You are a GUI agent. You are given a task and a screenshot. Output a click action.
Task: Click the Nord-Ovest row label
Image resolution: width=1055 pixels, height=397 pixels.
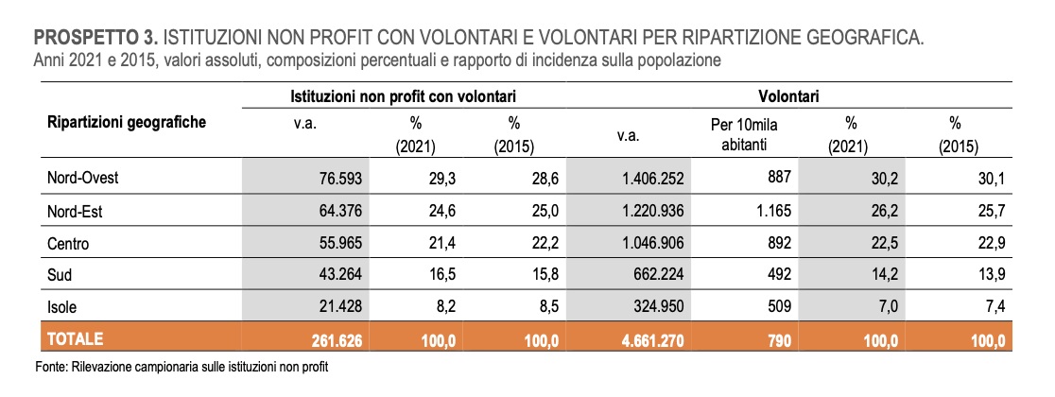83,177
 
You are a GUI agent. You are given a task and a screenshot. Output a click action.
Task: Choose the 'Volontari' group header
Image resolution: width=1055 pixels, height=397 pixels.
787,96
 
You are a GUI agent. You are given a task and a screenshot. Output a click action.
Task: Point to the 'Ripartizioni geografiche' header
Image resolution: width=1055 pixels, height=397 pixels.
126,122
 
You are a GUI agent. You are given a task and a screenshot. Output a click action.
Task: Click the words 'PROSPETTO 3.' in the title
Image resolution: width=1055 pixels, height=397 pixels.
96,39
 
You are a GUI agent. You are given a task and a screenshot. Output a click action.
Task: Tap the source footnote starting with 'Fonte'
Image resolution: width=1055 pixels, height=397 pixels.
185,366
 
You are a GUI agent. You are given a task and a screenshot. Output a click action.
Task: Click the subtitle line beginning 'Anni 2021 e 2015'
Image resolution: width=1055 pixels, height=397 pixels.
377,60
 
